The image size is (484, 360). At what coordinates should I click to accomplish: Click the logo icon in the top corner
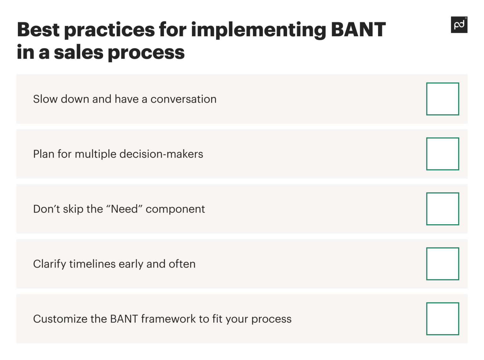459,25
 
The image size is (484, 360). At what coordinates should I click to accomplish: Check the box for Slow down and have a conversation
442,99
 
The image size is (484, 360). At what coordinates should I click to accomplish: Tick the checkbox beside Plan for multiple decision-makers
442,154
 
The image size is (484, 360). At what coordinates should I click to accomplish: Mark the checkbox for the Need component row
442,209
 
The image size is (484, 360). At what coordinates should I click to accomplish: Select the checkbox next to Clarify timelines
442,264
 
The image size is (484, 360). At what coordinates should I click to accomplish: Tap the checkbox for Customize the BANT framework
442,319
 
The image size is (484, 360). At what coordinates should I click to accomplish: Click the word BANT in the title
358,30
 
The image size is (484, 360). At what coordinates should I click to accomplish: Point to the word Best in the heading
38,30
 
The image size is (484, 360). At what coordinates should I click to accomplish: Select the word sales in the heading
78,52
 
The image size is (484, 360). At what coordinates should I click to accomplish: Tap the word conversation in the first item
183,99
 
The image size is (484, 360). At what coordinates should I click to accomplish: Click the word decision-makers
161,154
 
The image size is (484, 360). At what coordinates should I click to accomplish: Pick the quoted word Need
124,209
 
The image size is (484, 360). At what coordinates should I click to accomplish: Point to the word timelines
92,264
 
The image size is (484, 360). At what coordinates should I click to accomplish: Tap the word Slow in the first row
45,99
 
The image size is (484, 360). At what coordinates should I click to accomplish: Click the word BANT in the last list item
124,319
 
